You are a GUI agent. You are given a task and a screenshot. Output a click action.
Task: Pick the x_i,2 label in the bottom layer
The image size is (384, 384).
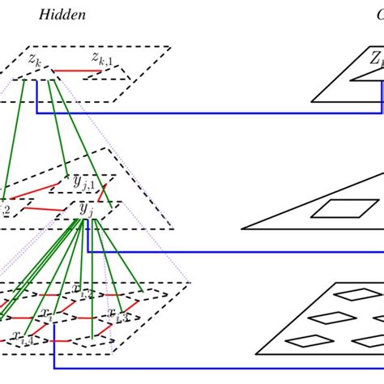click(x=83, y=289)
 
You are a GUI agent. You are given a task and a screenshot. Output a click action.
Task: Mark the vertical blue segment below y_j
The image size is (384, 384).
click(x=87, y=235)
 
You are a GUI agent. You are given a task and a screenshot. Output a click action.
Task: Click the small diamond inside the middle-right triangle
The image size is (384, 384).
click(x=333, y=208)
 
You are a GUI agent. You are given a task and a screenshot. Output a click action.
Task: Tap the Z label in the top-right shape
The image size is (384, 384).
click(x=376, y=58)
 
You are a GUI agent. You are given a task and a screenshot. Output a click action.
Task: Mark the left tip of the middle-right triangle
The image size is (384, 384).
click(x=243, y=228)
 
